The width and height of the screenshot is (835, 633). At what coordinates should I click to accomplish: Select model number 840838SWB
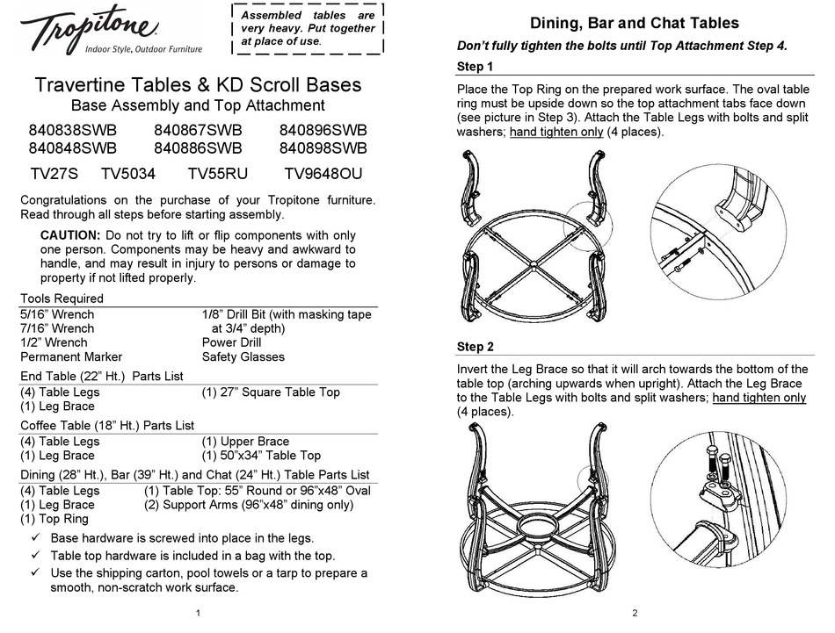72,130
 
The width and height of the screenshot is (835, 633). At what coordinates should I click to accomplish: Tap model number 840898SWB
323,148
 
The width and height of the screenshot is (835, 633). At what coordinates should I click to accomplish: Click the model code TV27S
54,175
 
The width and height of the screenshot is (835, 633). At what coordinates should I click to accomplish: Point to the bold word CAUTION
70,235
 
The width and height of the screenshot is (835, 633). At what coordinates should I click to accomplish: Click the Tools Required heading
62,299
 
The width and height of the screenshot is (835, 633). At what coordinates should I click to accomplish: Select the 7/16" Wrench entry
56,328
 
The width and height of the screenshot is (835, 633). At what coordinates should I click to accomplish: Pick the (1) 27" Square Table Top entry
271,392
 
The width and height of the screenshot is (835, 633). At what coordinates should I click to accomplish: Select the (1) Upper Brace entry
245,442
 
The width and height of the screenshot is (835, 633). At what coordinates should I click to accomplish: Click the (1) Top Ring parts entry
54,519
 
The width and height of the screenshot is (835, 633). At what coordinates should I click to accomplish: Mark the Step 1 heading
476,68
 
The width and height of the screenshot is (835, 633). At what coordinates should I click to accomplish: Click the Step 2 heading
476,347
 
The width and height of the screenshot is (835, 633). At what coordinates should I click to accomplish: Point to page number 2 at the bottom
635,615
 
